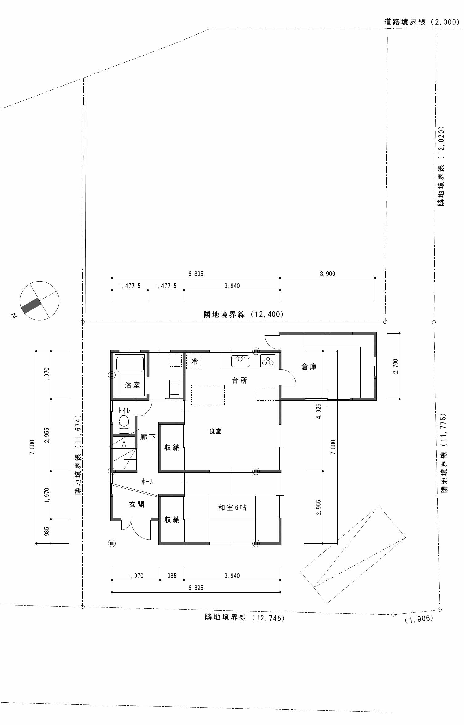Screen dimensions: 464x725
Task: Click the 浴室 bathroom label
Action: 132,385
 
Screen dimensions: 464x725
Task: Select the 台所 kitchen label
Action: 240,380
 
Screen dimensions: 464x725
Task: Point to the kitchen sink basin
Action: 240,361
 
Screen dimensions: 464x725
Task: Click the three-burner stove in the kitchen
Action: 268,361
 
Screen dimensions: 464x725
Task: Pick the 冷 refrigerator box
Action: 194,361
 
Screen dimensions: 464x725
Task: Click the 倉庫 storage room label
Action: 309,367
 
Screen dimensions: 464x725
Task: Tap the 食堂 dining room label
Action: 215,431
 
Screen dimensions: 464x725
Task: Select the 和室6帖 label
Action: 232,507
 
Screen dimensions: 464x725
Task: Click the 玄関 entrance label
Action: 136,505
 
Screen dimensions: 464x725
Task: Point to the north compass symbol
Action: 39,300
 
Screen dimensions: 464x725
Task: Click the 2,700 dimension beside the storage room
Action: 395,366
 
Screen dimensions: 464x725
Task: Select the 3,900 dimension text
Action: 328,274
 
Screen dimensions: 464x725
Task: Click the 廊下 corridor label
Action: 148,437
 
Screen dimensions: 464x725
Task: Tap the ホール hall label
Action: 147,482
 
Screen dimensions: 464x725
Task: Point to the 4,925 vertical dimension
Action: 319,411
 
